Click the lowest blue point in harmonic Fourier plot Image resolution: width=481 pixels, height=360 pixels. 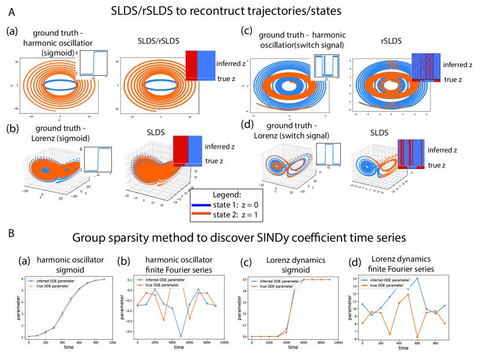pos(181,336)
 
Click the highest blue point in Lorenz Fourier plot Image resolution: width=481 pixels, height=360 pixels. pos(417,278)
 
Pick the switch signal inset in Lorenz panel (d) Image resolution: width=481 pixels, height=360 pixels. pos(328,155)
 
